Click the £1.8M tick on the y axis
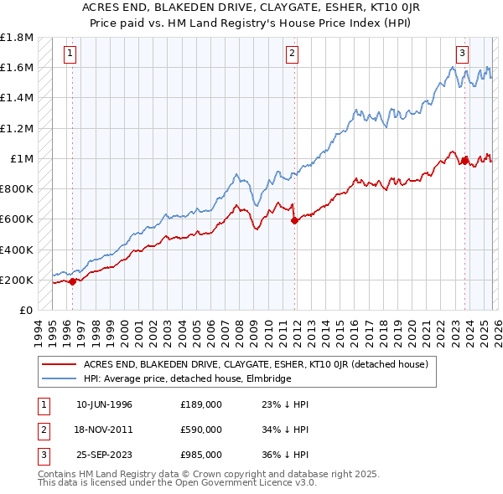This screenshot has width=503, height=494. pyautogui.click(x=17, y=38)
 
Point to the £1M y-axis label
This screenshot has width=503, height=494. pyautogui.click(x=22, y=158)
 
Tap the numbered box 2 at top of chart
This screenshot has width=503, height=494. pyautogui.click(x=292, y=54)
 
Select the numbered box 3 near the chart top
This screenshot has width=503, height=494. pyautogui.click(x=462, y=54)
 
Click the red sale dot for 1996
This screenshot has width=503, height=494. pyautogui.click(x=72, y=281)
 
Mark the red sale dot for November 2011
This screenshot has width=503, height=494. pyautogui.click(x=294, y=221)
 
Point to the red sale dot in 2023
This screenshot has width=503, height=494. pyautogui.click(x=464, y=161)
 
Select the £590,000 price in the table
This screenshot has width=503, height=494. pyautogui.click(x=200, y=430)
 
